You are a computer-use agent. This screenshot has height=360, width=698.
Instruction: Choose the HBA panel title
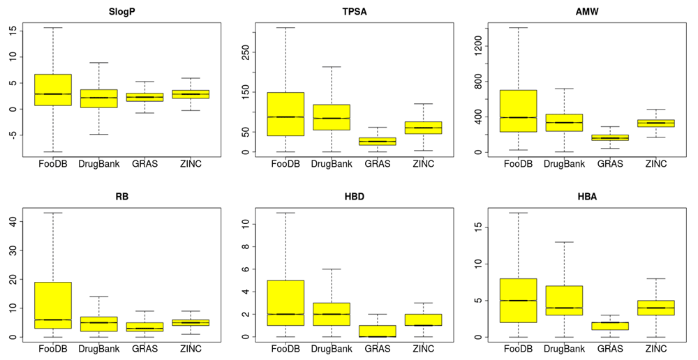click(x=588, y=197)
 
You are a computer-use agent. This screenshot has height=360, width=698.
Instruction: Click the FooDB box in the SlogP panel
click(x=52, y=89)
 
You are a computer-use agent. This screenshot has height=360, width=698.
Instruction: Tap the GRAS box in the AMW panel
click(x=610, y=138)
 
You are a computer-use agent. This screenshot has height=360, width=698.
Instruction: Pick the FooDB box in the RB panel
click(x=52, y=305)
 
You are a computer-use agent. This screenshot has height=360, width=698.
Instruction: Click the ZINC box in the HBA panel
click(x=656, y=308)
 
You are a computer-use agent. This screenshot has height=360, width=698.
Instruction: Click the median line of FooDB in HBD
click(x=285, y=314)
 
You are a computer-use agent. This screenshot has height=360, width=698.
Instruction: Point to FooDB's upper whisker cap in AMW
click(x=518, y=28)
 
